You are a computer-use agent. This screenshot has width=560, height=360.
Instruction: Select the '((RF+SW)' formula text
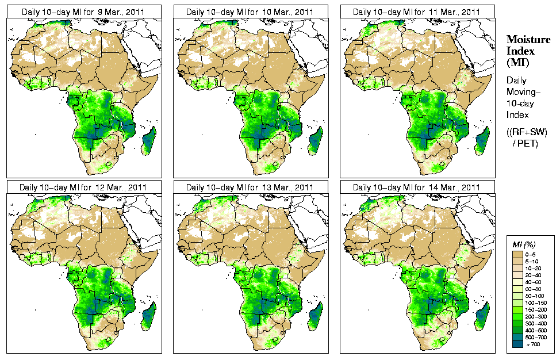[527, 132]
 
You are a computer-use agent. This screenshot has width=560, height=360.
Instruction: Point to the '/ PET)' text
[525, 143]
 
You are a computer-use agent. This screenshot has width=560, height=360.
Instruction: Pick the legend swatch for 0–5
[517, 254]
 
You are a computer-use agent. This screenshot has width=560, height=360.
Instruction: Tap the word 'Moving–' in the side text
[522, 92]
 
